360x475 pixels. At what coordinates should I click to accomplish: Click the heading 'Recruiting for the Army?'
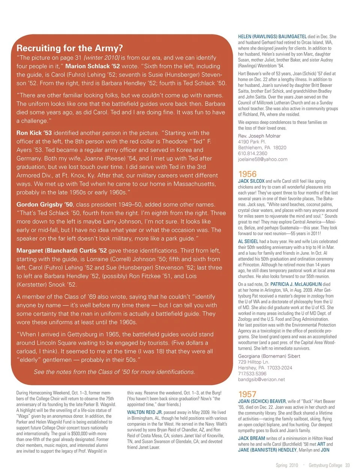[x=70, y=48]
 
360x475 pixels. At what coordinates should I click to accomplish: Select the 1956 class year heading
[x=247, y=174]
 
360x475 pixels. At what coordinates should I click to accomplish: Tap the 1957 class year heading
[x=247, y=394]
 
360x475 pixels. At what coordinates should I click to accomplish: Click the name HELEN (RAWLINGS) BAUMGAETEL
[x=272, y=37]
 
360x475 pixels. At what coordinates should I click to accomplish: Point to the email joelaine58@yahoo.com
[x=262, y=159]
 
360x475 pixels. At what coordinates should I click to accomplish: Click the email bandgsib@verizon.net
[x=261, y=379]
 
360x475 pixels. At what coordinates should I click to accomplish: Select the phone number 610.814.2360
[x=253, y=153]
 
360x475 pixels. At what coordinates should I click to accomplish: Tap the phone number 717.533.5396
[x=252, y=374]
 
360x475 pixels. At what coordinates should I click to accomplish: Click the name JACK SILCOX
[x=251, y=181]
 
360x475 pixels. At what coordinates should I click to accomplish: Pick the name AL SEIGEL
[x=248, y=242]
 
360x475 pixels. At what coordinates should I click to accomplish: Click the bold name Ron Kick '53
[x=34, y=133]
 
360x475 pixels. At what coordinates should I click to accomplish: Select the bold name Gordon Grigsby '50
[x=45, y=204]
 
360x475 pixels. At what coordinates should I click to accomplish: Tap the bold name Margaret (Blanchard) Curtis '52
[x=61, y=250]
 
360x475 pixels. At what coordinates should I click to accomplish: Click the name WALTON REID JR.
[x=145, y=412]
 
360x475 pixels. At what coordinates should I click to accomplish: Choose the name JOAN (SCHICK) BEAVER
[x=262, y=401]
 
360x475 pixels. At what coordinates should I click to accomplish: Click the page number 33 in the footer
[x=348, y=465]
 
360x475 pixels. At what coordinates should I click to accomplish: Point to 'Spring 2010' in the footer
[x=287, y=465]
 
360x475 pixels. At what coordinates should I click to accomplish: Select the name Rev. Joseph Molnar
[x=259, y=136]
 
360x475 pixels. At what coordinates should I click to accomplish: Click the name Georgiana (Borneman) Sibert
[x=269, y=356]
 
